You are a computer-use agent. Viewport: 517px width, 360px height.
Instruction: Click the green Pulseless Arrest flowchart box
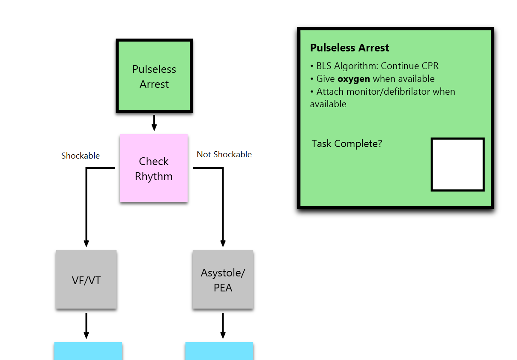154,76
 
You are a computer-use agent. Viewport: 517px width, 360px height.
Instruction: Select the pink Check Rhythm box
154,168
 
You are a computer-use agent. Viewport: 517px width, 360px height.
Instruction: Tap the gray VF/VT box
86,279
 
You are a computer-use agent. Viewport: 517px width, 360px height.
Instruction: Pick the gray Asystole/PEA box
223,279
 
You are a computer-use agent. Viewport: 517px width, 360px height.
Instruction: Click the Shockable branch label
81,156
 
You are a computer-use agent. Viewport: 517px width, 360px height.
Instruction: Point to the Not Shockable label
224,154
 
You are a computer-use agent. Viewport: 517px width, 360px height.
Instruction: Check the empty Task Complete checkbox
458,165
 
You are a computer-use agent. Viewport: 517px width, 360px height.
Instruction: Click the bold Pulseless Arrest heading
350,48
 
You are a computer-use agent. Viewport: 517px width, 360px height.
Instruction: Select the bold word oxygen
354,79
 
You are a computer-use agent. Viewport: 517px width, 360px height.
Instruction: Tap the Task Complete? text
347,144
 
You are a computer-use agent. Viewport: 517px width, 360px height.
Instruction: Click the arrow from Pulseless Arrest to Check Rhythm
154,123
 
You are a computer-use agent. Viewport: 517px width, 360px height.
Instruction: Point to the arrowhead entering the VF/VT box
87,243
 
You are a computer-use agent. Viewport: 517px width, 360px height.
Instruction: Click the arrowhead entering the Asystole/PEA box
223,243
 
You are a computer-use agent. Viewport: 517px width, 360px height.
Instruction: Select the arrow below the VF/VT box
87,326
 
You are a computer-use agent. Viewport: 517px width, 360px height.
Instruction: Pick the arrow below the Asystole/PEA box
223,326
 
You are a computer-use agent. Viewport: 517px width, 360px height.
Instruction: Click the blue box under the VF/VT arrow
88,351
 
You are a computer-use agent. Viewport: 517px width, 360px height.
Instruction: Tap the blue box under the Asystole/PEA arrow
219,351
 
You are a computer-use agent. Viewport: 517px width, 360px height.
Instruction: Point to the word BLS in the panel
324,66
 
